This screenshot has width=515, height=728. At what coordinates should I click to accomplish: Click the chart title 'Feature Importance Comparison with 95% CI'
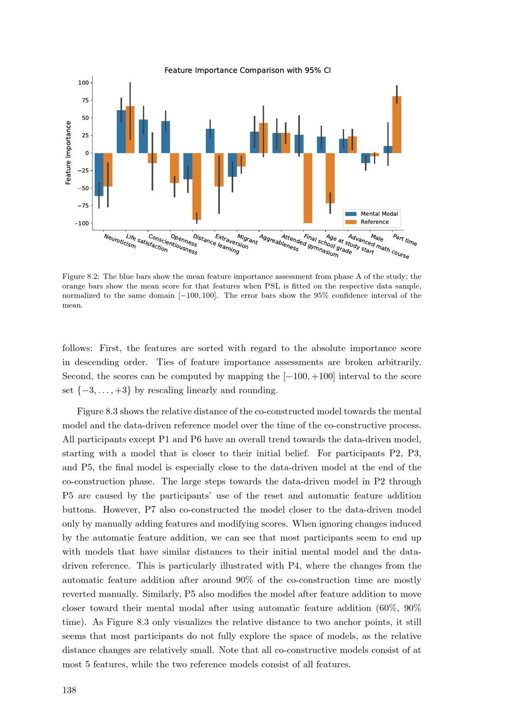(x=247, y=71)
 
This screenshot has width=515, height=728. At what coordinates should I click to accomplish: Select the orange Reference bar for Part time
(x=397, y=125)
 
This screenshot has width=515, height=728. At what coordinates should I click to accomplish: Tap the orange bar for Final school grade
(x=308, y=188)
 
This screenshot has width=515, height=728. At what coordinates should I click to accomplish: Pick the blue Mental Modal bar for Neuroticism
(x=99, y=174)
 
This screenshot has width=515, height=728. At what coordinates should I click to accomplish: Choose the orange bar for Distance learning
(x=197, y=186)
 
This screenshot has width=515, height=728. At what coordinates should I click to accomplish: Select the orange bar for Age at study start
(x=330, y=178)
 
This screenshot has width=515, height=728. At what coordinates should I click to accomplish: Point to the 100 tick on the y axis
(x=83, y=83)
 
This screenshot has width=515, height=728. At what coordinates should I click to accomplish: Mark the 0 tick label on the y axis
(x=87, y=153)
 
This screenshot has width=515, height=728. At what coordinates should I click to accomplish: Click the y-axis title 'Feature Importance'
(x=68, y=153)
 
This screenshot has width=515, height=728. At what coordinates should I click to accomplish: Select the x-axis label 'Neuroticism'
(x=120, y=241)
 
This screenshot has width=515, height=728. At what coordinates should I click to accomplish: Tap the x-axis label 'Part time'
(x=405, y=240)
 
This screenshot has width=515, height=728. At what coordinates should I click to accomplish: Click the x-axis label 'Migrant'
(x=248, y=239)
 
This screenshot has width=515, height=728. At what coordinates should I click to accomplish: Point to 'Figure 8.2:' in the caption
(x=80, y=276)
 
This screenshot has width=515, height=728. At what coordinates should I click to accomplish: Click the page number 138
(x=70, y=690)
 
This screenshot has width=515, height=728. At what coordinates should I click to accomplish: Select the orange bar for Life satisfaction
(x=130, y=130)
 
